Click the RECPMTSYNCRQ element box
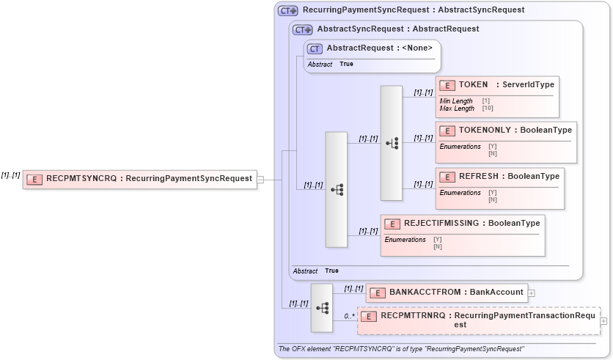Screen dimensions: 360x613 tap(139, 179)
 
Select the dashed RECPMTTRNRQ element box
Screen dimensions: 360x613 tap(478, 320)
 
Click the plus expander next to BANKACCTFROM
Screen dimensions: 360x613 tap(532, 293)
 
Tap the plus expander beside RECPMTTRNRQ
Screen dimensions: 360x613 tap(603, 320)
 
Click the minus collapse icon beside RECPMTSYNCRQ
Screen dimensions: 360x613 tap(260, 179)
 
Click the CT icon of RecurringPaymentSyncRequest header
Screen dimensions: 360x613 tap(287, 11)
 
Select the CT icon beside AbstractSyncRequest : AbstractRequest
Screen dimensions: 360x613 tap(302, 29)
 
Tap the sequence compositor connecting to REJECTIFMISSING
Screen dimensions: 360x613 tap(337, 189)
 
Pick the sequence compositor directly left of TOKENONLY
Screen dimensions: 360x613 tap(392, 143)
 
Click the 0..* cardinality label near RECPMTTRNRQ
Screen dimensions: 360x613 tap(349, 317)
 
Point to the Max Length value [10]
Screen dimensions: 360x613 tap(488, 109)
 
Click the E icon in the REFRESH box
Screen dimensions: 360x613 tap(447, 177)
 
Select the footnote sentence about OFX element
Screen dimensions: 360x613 tap(402, 349)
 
